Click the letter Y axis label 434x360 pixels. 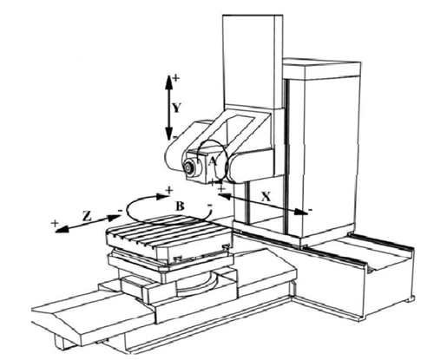click(x=177, y=108)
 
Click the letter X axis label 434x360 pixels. click(x=266, y=197)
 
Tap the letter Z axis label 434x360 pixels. click(x=87, y=216)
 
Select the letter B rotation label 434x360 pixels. click(x=180, y=206)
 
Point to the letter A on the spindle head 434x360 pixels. click(x=213, y=161)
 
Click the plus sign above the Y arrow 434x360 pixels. click(x=176, y=78)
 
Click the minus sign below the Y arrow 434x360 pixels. click(x=174, y=138)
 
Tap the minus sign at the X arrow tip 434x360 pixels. click(x=310, y=209)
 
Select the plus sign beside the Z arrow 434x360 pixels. click(x=55, y=223)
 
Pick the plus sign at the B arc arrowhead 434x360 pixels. click(x=169, y=190)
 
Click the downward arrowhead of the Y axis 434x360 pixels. click(x=168, y=134)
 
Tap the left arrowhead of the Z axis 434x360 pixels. click(x=62, y=228)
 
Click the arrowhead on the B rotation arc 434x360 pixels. click(x=161, y=197)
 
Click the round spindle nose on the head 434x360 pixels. click(x=188, y=167)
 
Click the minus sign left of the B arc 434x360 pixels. click(x=121, y=210)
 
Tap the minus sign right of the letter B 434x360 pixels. click(x=210, y=206)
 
